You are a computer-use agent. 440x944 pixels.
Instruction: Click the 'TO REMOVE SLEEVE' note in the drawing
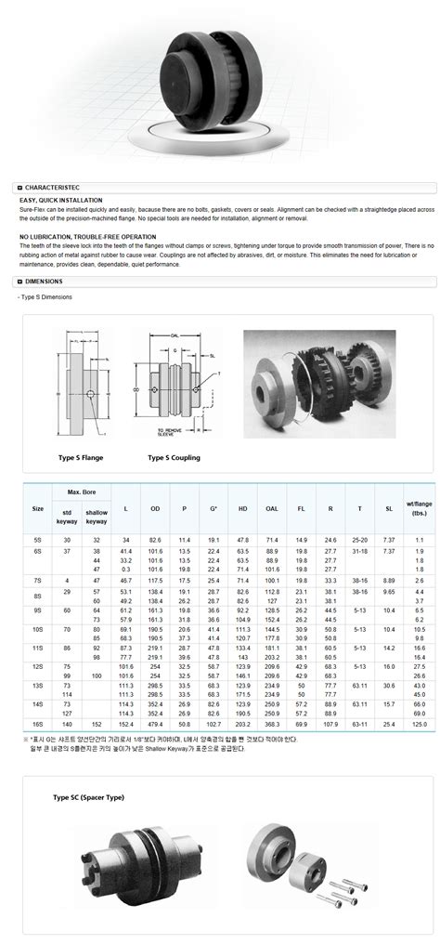(x=169, y=433)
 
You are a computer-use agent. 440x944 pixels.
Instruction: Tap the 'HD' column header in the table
(x=242, y=508)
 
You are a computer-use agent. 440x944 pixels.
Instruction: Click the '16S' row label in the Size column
(x=38, y=722)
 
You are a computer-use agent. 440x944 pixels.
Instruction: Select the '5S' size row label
(x=38, y=540)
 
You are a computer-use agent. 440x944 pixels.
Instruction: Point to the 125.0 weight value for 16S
(x=420, y=722)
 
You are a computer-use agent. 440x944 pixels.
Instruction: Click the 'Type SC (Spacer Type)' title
(x=88, y=796)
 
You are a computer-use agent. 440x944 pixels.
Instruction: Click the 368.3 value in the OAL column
(x=272, y=722)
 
